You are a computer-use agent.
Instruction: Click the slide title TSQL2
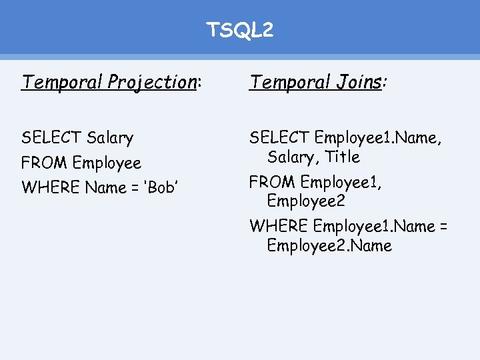coord(239,30)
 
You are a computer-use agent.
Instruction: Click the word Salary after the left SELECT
coord(110,138)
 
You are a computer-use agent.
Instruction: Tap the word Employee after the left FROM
coord(107,163)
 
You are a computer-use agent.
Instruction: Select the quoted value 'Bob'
coord(161,188)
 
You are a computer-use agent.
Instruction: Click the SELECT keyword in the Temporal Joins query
coord(279,138)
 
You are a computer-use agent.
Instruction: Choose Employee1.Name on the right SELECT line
coord(378,138)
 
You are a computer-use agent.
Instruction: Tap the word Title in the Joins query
coord(343,157)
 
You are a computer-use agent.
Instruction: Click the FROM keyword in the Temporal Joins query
coord(273,182)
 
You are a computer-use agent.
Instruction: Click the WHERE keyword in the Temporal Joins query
coord(279,226)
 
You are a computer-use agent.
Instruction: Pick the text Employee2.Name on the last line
coord(329,245)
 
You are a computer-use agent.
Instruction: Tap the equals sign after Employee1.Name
coord(443,226)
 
